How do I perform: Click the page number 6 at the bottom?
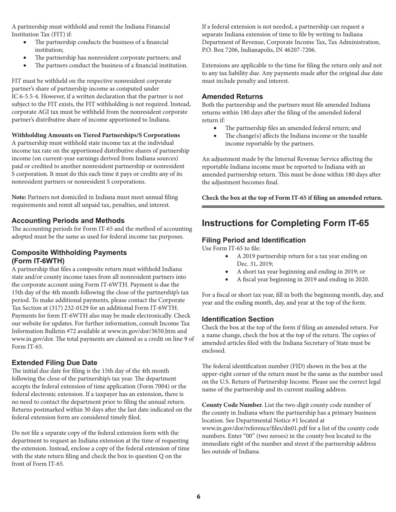[198, 496]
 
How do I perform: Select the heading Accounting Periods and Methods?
[68, 221]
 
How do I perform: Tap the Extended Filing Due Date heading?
[54, 362]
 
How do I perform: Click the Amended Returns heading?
[232, 97]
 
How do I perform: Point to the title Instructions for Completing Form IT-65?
[285, 223]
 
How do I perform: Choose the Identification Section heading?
[238, 319]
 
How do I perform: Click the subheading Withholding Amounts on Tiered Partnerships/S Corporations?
[96, 135]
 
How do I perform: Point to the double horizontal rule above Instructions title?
[293, 206]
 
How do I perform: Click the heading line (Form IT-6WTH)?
[38, 261]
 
